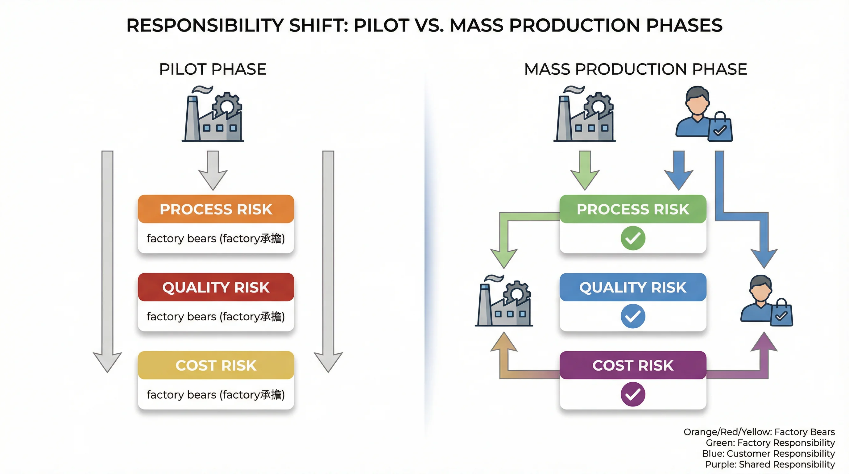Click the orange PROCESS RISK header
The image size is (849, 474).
pos(216,209)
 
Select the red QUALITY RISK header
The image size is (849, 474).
pos(216,287)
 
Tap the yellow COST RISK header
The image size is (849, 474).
pos(216,365)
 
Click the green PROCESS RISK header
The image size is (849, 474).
pos(633,209)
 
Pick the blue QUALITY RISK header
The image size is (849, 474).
pos(633,287)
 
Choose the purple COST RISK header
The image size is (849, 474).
pos(633,365)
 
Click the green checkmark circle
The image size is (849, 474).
pos(633,238)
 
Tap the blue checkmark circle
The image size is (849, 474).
pos(633,316)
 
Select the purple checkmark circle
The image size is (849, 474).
pos(633,394)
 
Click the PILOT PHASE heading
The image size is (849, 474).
pos(213,69)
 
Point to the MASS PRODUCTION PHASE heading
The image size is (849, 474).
pos(636,69)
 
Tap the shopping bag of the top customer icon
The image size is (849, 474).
pos(720,127)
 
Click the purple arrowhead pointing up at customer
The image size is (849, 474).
pos(764,343)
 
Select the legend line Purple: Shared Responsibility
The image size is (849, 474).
pos(770,464)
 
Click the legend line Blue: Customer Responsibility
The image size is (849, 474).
pos(768,454)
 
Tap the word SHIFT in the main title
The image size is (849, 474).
pos(318,25)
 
